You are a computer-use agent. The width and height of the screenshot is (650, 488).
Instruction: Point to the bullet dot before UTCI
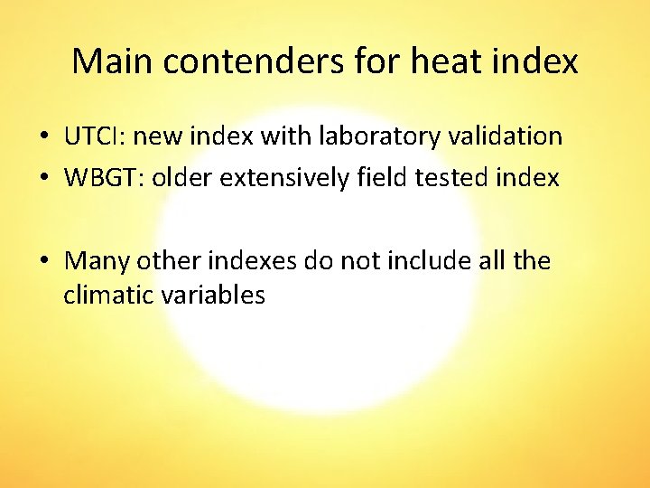click(43, 137)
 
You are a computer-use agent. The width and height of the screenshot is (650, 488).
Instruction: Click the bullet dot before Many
click(43, 262)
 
